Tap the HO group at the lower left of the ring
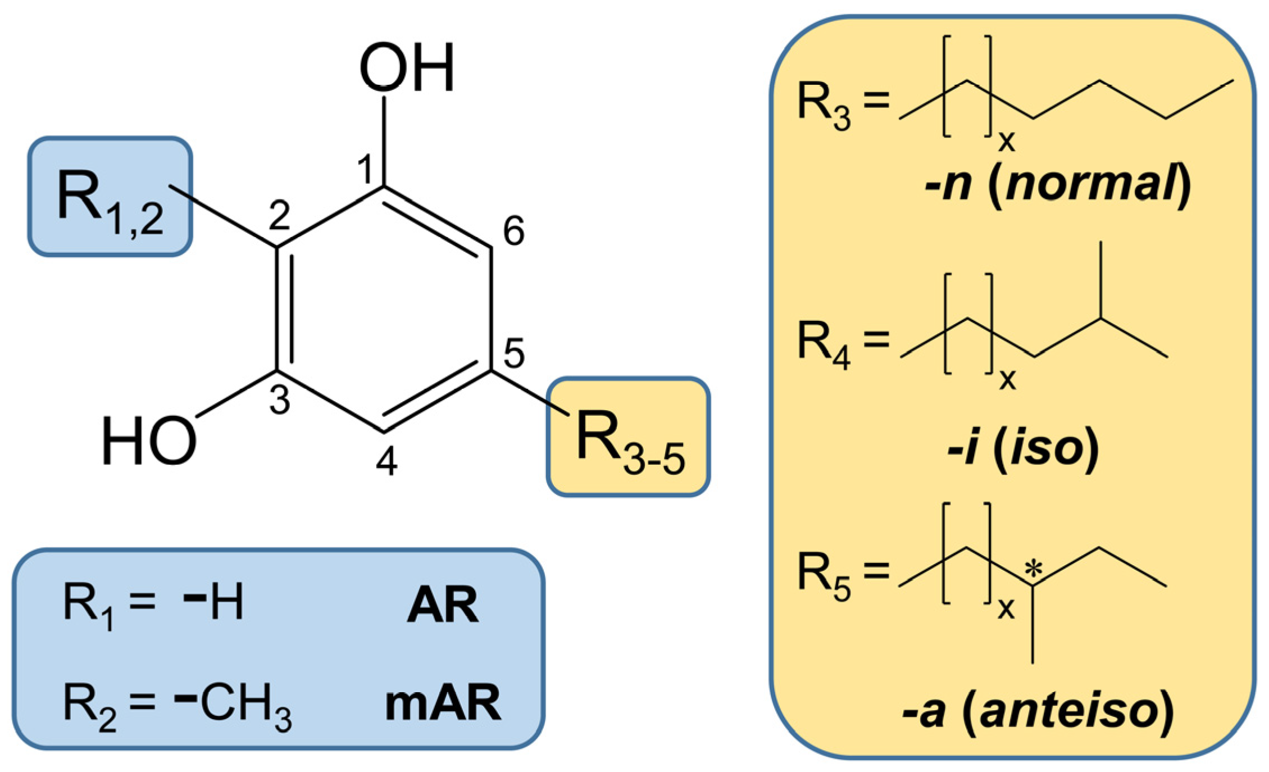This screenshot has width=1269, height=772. click(149, 442)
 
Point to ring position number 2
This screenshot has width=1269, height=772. click(279, 215)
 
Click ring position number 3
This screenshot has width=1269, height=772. click(279, 401)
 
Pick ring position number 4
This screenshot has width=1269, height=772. click(386, 462)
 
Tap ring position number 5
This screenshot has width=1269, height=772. click(513, 354)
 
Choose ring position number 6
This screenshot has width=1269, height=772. click(513, 231)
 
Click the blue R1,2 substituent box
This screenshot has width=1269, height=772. click(110, 197)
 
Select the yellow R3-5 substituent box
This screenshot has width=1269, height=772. click(628, 437)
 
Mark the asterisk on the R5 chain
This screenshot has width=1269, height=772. click(1033, 569)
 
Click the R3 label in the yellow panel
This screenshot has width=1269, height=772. click(824, 106)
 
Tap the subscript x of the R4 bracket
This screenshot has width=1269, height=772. click(1007, 380)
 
